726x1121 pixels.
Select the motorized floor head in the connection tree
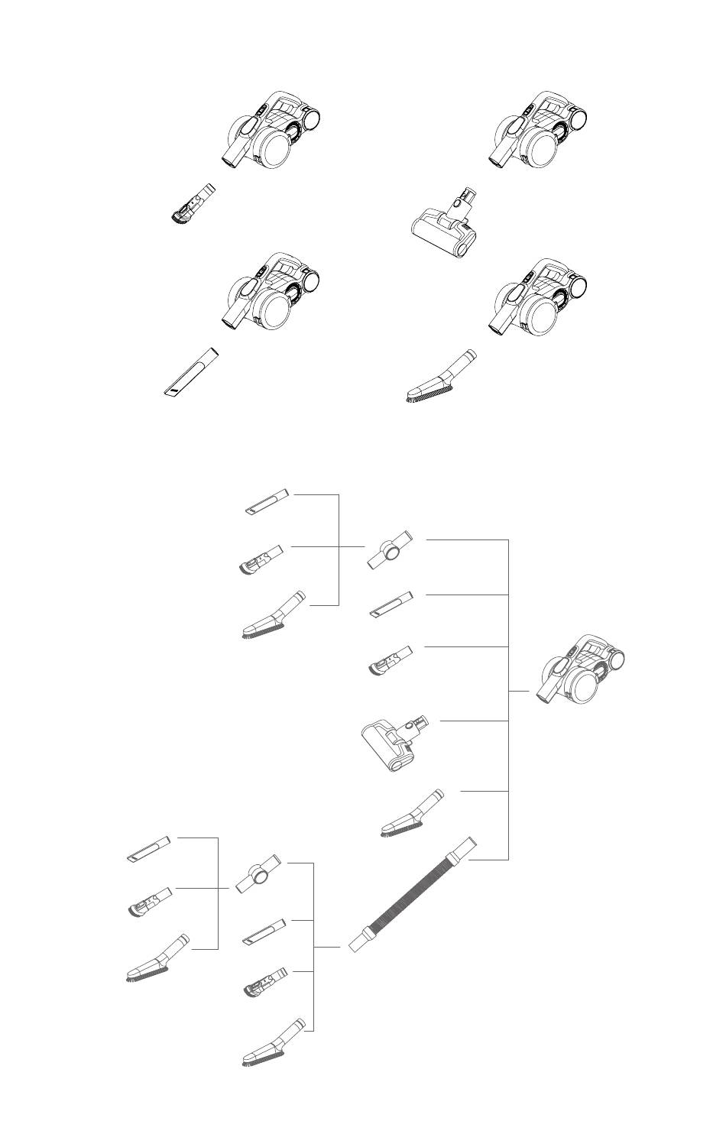pyautogui.click(x=394, y=744)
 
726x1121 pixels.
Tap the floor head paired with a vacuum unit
pyautogui.click(x=446, y=225)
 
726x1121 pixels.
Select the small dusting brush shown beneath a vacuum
pyautogui.click(x=192, y=205)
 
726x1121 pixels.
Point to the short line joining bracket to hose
pyautogui.click(x=328, y=947)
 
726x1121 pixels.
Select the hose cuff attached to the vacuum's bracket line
pyautogui.click(x=465, y=847)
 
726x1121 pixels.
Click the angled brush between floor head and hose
pyautogui.click(x=412, y=813)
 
